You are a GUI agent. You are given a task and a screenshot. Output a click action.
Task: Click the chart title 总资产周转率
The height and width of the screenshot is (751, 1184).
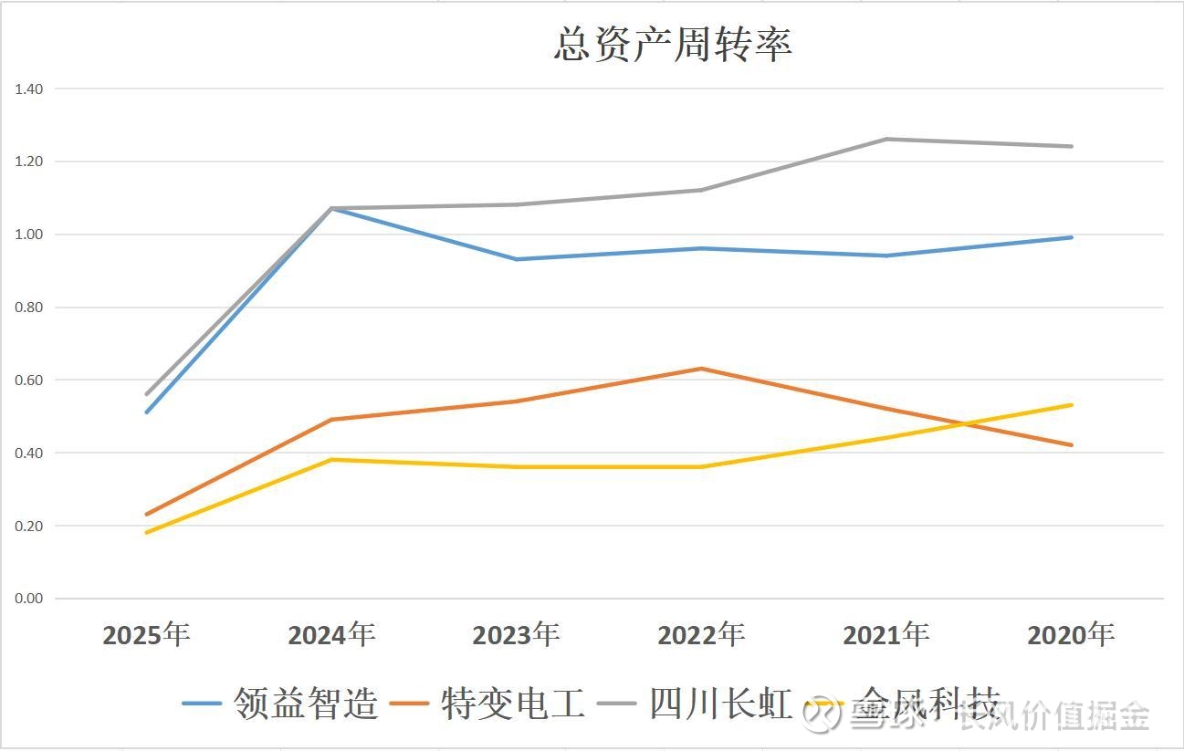tap(673, 45)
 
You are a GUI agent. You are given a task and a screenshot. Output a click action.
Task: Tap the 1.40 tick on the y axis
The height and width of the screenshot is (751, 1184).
tap(29, 89)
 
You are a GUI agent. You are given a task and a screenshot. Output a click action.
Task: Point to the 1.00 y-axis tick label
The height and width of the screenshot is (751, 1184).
tap(29, 235)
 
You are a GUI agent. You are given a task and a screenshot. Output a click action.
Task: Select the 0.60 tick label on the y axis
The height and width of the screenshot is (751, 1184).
tap(29, 380)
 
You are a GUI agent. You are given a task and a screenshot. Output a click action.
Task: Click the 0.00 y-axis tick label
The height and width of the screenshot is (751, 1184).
tap(29, 599)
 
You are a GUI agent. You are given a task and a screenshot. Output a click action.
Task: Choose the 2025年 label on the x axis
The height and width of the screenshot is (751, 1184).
tap(146, 634)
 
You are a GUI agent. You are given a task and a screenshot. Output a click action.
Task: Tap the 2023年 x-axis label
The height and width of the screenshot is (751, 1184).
tap(516, 634)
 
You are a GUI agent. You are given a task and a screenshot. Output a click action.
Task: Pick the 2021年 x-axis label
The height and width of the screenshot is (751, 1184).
tap(885, 634)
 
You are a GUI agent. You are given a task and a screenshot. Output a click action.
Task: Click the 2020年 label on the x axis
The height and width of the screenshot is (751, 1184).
tap(1071, 634)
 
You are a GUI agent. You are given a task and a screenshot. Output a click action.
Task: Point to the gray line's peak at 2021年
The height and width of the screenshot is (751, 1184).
tap(885, 139)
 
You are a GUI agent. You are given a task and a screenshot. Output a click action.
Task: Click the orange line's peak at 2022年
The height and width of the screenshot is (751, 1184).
tap(701, 369)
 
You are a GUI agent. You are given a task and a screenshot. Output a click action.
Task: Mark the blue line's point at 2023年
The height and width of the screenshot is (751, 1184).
tap(516, 259)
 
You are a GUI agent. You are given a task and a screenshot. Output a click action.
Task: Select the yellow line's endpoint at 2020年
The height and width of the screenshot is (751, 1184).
tap(1071, 405)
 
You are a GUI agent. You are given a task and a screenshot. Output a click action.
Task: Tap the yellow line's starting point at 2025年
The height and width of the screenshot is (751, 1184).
tap(146, 532)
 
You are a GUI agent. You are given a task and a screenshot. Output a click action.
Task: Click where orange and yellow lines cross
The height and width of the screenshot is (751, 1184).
tap(964, 423)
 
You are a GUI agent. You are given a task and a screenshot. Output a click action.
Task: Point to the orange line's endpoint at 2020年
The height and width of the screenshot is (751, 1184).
tap(1071, 445)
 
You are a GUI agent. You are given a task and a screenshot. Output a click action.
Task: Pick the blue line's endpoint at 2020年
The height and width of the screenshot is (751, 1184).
tap(1071, 237)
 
